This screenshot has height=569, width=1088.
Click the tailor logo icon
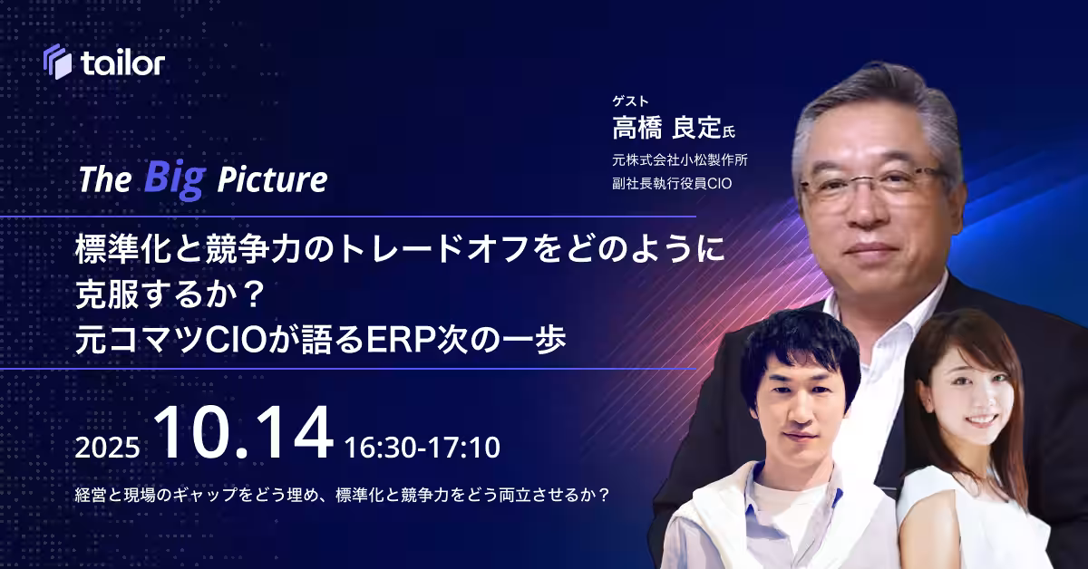point(57,62)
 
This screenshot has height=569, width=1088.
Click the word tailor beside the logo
point(123,63)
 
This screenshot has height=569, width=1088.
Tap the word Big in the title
point(175,179)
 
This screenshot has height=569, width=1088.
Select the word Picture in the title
point(272,179)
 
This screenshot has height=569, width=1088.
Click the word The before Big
point(105,179)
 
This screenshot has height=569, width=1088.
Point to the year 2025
point(107,448)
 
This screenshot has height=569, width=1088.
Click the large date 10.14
point(244,432)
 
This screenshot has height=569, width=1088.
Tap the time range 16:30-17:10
point(423,448)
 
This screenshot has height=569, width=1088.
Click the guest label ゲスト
point(630,101)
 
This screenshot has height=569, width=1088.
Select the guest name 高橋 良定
point(666,128)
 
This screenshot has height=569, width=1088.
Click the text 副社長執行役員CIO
point(672,184)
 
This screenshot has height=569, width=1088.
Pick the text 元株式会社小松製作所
point(679,159)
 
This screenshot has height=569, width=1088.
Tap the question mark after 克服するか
point(252,294)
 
